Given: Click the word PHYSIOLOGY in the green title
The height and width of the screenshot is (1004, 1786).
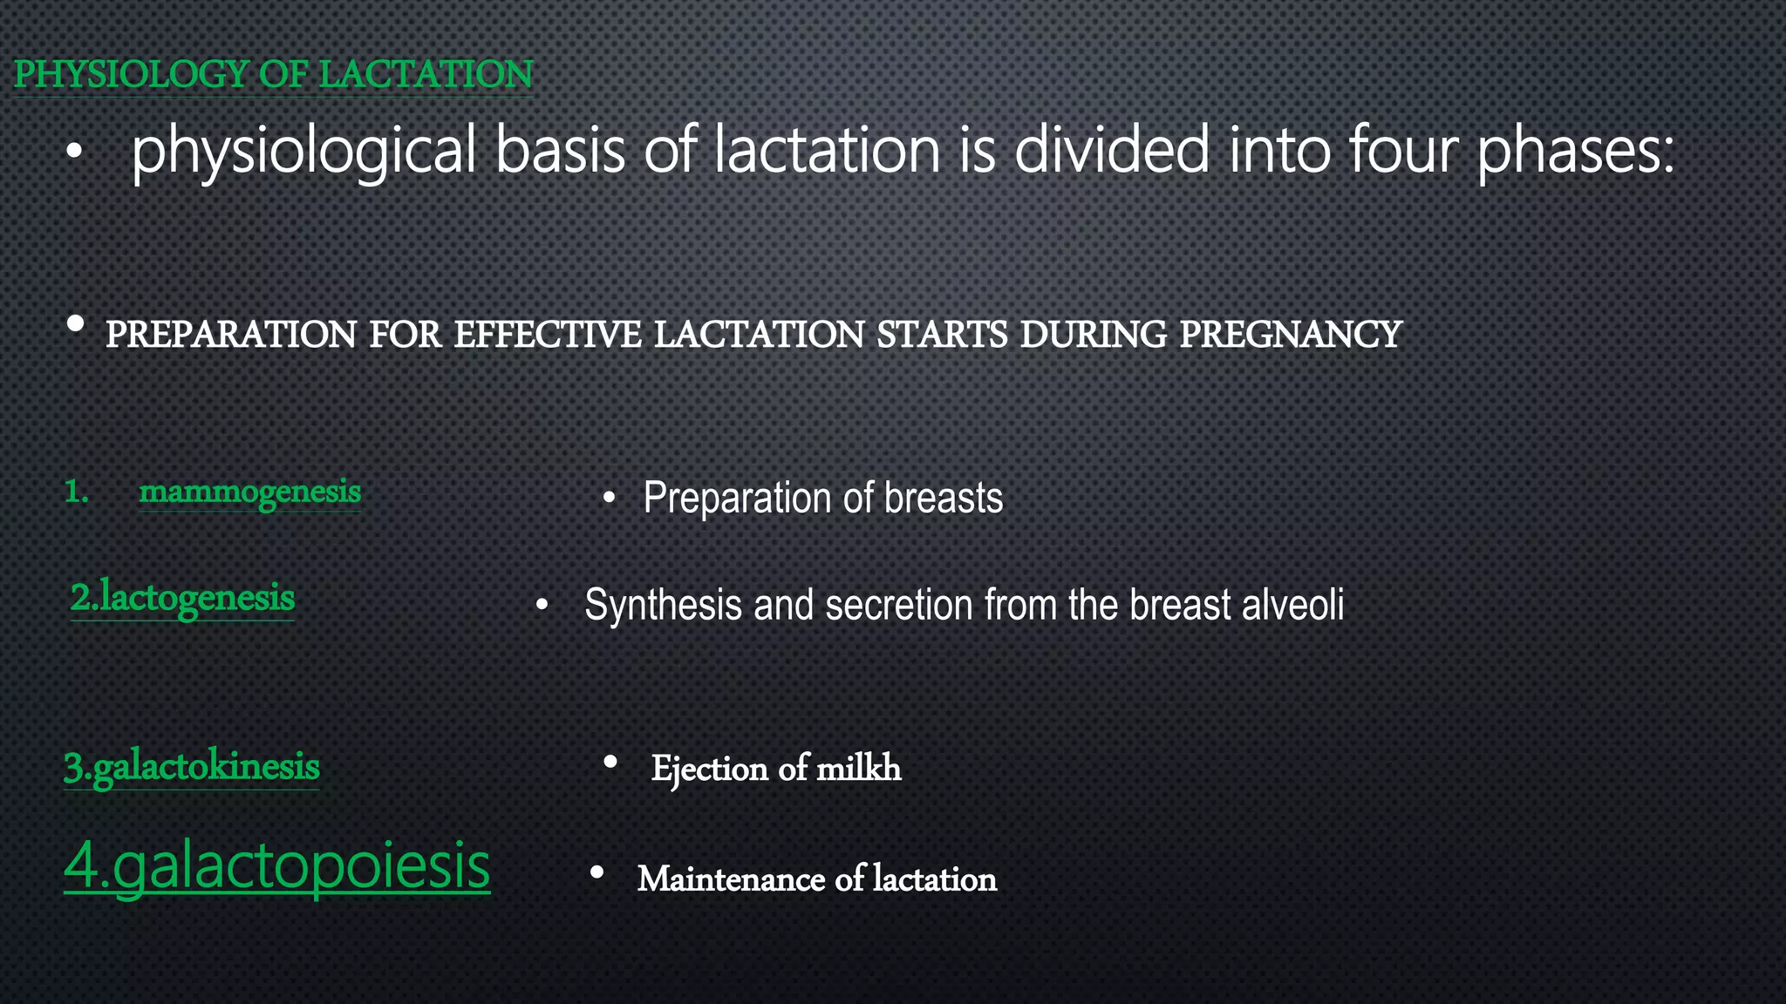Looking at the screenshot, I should [x=131, y=74].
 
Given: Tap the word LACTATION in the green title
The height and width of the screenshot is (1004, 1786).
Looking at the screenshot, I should [x=426, y=74].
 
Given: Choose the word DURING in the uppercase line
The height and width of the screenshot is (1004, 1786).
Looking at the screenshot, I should [x=1093, y=335].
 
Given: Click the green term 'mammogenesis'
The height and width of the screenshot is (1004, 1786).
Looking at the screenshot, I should [x=250, y=492].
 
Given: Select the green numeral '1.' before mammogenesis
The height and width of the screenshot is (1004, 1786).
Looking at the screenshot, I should [x=77, y=492].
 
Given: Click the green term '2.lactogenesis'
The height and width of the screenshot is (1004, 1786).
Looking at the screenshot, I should [x=182, y=599].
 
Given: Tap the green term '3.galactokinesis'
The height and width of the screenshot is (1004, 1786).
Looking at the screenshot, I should [x=192, y=768].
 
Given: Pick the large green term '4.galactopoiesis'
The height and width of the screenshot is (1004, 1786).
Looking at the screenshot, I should [x=277, y=866].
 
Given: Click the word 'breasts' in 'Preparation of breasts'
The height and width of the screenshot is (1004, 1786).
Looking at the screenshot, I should [x=944, y=499].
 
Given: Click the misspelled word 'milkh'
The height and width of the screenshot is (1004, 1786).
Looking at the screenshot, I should [x=858, y=769].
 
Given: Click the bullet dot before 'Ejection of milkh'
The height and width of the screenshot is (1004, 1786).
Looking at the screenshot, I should [x=610, y=763].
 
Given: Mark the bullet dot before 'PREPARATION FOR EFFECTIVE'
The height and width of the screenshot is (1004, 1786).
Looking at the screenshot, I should [x=76, y=324].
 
